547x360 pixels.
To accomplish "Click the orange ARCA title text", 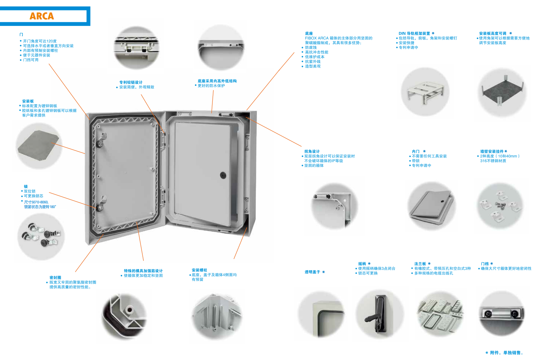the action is click(x=42, y=16).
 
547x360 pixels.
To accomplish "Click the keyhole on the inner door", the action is click(x=223, y=175).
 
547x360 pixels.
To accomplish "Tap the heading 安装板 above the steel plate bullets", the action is click(x=28, y=101).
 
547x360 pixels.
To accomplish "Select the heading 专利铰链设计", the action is click(x=131, y=82).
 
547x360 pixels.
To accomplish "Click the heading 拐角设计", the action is click(x=312, y=151).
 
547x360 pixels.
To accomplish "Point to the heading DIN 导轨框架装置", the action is click(x=414, y=33).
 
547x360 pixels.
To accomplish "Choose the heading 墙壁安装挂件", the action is click(x=492, y=151).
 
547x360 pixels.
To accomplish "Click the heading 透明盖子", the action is click(x=312, y=272).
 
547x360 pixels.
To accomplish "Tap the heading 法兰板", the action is click(x=420, y=264).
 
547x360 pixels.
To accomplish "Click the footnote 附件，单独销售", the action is click(x=506, y=353).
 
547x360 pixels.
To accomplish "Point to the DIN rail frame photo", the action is click(x=426, y=92).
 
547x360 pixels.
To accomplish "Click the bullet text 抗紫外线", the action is click(x=313, y=61).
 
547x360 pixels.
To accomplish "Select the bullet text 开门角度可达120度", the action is click(x=40, y=41).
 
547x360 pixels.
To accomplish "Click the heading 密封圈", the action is click(x=55, y=277).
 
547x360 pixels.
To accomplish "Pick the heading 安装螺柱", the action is click(x=199, y=270).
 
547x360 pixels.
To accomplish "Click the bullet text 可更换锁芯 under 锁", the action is click(x=33, y=196).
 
